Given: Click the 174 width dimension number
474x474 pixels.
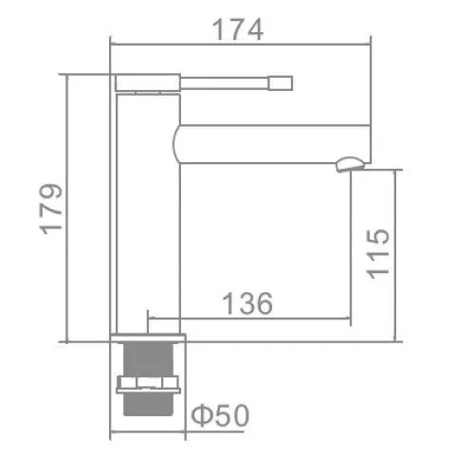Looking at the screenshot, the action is coord(238,29).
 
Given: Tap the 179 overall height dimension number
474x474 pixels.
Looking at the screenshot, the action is coord(51,209).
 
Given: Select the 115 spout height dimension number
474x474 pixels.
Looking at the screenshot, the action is coord(377,253).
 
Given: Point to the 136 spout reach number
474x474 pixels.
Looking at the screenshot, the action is coord(247,303).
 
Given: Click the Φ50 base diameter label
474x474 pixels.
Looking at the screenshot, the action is coord(220,415).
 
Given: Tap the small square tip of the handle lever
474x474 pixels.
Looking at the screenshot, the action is coord(281,83).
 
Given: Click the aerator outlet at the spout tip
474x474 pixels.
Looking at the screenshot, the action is coord(351,164).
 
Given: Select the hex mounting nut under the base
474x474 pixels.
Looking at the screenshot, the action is coord(148,383).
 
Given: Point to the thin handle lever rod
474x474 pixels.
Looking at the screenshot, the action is coord(224,83).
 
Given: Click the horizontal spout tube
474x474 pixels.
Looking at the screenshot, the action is coord(272,144).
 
